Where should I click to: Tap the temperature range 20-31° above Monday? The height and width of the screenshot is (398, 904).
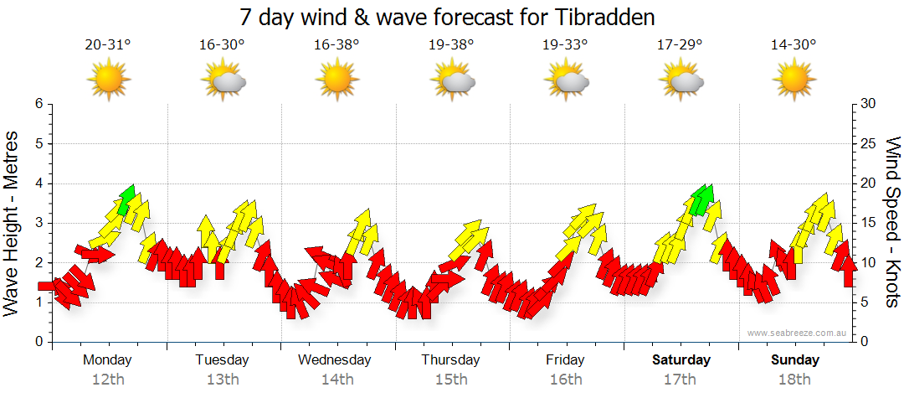(x=108, y=45)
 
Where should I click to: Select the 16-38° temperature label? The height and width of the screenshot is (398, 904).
(x=336, y=45)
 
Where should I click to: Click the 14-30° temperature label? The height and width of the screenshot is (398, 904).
(x=794, y=45)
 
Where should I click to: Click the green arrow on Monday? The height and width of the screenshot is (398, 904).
(x=126, y=199)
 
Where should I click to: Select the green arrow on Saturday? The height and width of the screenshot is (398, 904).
(x=701, y=199)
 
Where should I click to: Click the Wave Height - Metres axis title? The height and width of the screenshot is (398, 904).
(x=13, y=223)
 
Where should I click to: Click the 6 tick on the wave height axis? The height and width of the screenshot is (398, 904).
(x=38, y=104)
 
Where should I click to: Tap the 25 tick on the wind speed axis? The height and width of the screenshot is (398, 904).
(x=868, y=143)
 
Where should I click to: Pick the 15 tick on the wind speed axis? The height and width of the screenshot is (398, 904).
(x=868, y=223)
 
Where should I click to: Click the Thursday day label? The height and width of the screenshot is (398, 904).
(x=450, y=360)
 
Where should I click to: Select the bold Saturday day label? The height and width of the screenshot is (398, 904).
(x=681, y=360)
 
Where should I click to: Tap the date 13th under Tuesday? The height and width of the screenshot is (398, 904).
(x=222, y=380)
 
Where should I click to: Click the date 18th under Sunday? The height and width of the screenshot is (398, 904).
(x=794, y=380)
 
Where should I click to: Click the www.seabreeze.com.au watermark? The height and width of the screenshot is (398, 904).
(x=798, y=333)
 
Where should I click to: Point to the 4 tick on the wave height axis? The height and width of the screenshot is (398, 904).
(x=38, y=183)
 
